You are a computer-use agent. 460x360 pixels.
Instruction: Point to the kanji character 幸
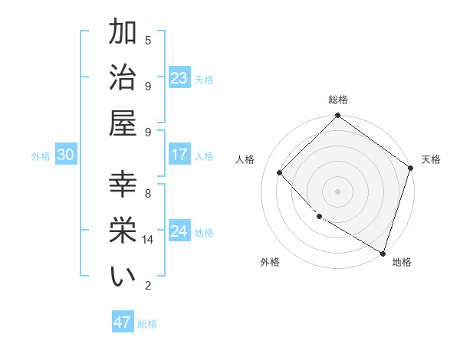(123, 186)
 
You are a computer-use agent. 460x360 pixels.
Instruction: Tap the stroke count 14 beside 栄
(148, 240)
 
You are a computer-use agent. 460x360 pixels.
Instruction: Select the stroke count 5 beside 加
(148, 40)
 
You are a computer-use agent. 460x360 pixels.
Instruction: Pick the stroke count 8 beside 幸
(148, 193)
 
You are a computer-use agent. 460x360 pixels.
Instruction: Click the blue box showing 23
(179, 77)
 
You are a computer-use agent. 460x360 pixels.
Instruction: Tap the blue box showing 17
(179, 155)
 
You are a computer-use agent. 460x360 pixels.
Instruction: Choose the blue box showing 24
(179, 231)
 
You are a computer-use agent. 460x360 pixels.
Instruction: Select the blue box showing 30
(65, 155)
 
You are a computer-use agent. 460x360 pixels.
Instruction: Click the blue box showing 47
(122, 322)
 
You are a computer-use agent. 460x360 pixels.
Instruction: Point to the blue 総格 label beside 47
(147, 324)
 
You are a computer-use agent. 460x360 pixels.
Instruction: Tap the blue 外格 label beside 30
(41, 156)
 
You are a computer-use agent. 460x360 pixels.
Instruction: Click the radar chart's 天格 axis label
(432, 159)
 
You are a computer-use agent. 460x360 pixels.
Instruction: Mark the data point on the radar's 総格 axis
(337, 116)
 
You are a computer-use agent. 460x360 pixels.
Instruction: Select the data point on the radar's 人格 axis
(280, 172)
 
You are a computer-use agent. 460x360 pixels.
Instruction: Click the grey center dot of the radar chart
(337, 191)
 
